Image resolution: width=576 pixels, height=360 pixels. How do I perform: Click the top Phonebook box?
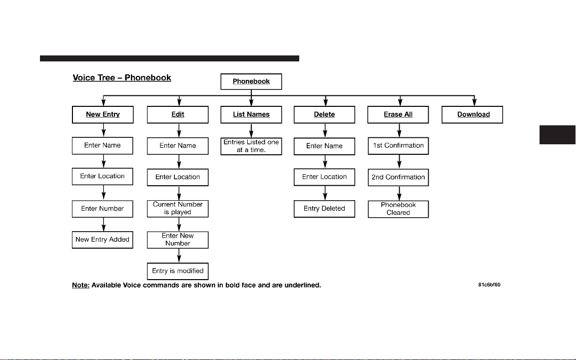point(251,81)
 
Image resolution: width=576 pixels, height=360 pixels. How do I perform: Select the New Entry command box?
point(103,114)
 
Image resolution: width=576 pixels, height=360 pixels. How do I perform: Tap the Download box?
point(473,114)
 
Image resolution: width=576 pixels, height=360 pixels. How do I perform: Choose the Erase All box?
point(398,114)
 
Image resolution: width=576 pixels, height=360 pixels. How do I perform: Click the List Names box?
point(251,114)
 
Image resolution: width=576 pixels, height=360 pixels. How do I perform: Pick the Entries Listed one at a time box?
point(251,146)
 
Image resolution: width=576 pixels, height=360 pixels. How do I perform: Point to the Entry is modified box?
point(178,271)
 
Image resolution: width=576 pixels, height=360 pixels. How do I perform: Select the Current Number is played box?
point(178,208)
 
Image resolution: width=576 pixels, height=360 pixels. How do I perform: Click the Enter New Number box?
point(178,240)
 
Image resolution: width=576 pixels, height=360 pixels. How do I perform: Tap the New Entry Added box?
point(102,240)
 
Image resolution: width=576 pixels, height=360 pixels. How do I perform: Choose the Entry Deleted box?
point(324,209)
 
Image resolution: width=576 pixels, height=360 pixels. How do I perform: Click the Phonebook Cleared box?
point(398,209)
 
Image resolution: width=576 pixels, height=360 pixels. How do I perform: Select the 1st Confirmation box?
point(398,146)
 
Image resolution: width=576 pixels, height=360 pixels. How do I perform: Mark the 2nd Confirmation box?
point(398,177)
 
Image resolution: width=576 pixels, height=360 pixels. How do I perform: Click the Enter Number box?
point(102,209)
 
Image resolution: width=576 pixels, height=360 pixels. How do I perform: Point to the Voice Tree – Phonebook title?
point(122,78)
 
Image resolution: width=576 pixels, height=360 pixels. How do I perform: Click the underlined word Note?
point(80,285)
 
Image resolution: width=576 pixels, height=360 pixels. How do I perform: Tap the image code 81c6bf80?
point(489,285)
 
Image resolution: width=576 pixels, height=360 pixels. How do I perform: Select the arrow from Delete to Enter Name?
point(325,131)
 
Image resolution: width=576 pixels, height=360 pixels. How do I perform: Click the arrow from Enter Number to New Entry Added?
point(103,225)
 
